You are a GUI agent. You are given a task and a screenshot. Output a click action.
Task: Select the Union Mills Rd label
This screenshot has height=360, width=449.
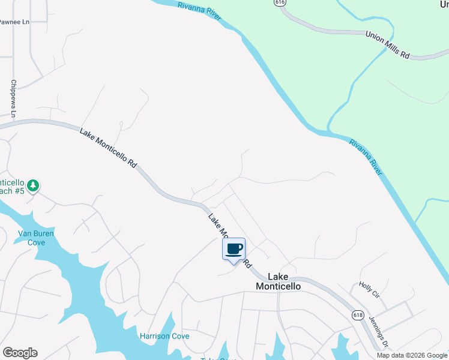[x=388, y=45]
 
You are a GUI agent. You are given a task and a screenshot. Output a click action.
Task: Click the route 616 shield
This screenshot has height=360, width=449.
[x=279, y=3]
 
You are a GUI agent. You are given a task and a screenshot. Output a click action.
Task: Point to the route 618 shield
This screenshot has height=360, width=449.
[x=358, y=314]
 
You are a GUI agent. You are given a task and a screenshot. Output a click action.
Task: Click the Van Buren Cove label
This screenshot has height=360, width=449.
[x=32, y=238]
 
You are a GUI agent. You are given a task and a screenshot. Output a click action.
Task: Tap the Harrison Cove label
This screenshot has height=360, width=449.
[x=164, y=336]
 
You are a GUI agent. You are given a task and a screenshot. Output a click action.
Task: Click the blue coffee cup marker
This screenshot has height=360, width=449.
[x=234, y=249]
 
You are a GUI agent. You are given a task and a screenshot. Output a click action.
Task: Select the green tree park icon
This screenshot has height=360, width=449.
[x=34, y=185]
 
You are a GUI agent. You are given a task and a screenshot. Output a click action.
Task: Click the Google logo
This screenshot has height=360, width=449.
[x=20, y=353]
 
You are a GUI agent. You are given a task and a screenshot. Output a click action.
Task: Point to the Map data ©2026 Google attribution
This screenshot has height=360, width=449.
[x=412, y=355]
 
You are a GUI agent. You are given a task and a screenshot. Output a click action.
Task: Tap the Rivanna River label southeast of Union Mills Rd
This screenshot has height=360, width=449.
[x=366, y=157]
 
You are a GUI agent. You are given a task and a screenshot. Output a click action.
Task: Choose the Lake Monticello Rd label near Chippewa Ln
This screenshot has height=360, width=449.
[x=109, y=146]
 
